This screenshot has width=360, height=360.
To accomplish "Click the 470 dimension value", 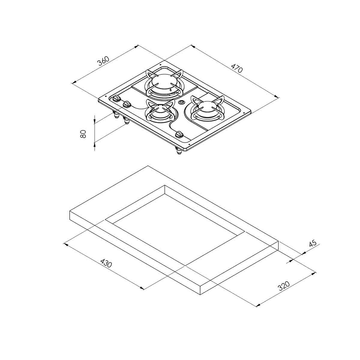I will (237, 68).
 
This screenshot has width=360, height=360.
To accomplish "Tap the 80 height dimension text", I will (83, 134).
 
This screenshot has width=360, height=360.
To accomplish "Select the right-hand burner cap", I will (206, 107).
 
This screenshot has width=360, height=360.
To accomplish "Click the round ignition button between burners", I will (182, 103).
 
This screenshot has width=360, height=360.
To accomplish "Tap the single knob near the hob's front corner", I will (179, 135).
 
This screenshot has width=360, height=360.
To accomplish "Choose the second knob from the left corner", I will (126, 104).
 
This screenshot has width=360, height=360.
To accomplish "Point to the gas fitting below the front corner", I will (179, 152).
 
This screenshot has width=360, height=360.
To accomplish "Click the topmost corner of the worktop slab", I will (148, 166).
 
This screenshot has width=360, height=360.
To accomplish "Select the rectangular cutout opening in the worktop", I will (175, 216).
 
